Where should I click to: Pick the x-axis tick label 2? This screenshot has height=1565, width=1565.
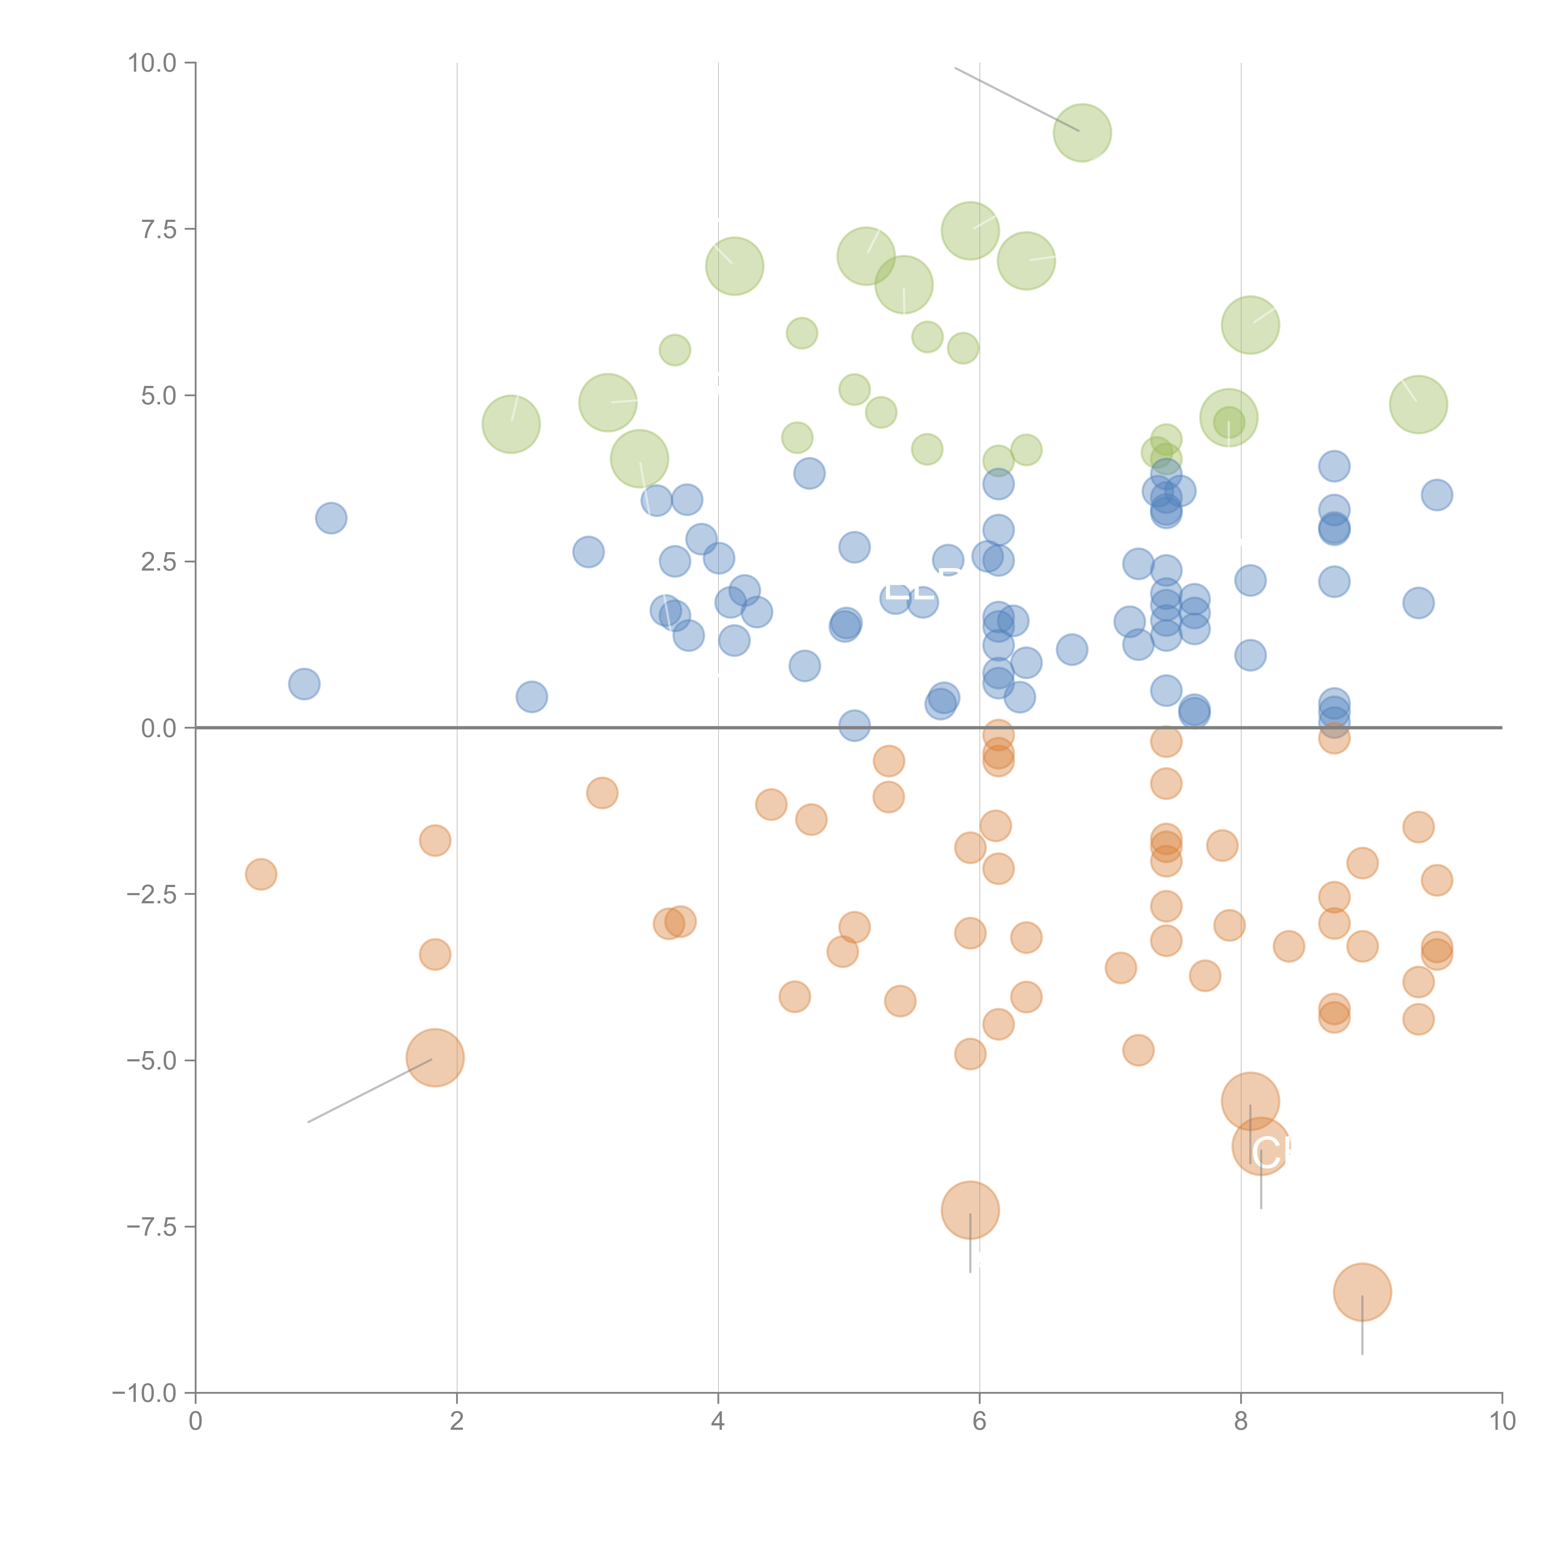click(x=457, y=1422)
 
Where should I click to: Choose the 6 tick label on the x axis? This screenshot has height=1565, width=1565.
click(x=979, y=1422)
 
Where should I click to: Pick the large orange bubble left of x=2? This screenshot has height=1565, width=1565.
click(x=435, y=1058)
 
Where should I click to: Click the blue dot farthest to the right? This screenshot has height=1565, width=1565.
click(x=1436, y=495)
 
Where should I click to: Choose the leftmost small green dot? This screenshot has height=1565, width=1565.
click(x=675, y=350)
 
